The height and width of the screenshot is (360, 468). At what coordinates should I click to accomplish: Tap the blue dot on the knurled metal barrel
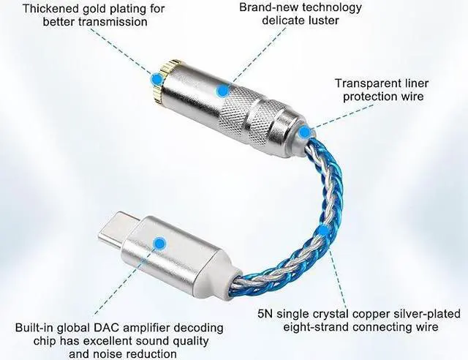coord(222,91)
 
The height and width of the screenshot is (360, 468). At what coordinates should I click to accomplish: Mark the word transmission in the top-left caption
coord(110,22)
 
